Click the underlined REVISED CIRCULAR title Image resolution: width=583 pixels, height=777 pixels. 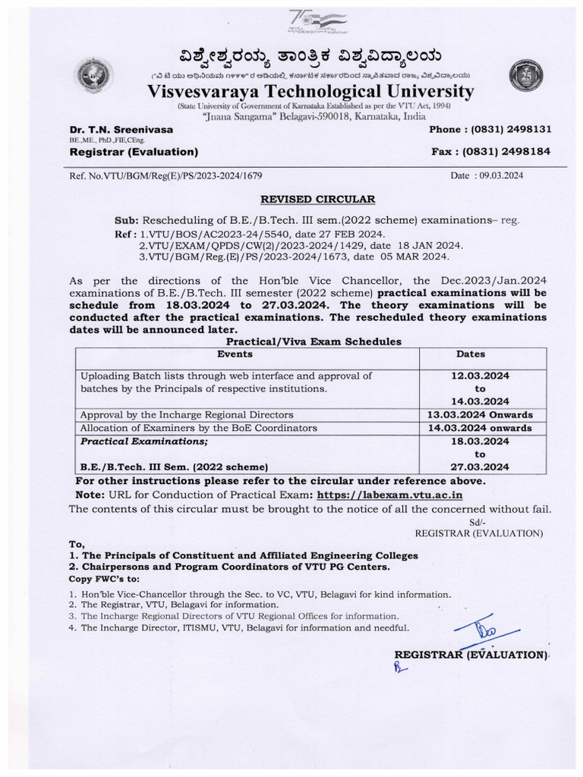[319, 199]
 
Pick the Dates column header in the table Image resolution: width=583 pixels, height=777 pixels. [471, 354]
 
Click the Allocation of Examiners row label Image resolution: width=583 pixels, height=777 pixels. [198, 428]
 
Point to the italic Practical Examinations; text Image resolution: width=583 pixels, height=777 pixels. [143, 440]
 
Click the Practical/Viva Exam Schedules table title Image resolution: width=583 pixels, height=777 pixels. [316, 342]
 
